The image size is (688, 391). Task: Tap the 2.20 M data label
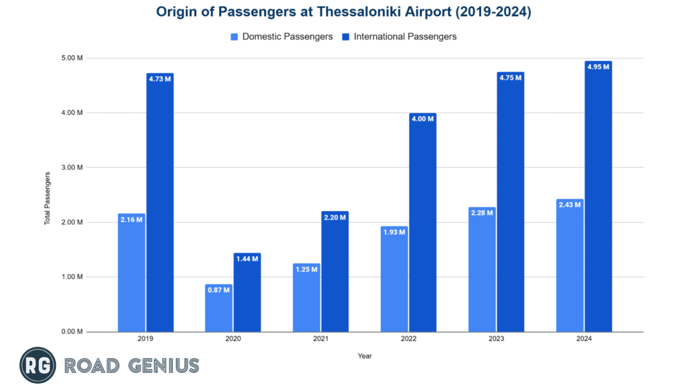(x=335, y=217)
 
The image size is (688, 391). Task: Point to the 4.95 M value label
(x=597, y=67)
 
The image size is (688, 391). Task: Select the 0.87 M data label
(x=218, y=290)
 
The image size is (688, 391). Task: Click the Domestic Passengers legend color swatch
(x=234, y=37)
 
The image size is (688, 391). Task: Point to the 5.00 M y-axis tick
(x=71, y=58)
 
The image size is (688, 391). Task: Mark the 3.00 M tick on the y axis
(x=71, y=167)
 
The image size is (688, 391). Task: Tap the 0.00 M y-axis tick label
(x=71, y=332)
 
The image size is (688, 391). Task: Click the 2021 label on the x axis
(x=320, y=340)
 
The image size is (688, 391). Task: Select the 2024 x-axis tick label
(x=583, y=340)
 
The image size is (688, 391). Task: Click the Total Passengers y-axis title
(x=48, y=198)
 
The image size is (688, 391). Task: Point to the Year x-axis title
(x=365, y=356)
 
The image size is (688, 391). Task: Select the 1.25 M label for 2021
(x=306, y=269)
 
